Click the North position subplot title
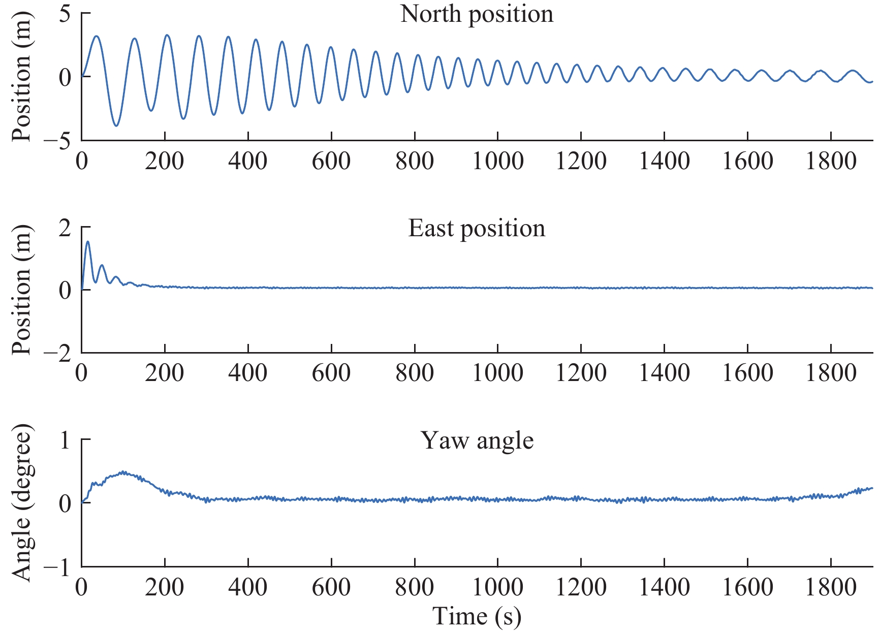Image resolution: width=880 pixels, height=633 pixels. pyautogui.click(x=477, y=14)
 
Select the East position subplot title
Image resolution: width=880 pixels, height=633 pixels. pyautogui.click(x=477, y=228)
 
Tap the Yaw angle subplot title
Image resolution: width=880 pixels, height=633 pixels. pyautogui.click(x=477, y=440)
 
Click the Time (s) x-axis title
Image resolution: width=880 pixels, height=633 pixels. pyautogui.click(x=477, y=616)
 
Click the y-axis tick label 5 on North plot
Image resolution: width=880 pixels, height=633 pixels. pyautogui.click(x=65, y=14)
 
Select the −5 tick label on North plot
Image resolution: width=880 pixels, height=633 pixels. pyautogui.click(x=57, y=141)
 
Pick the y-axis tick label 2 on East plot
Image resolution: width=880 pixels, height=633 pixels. pyautogui.click(x=65, y=228)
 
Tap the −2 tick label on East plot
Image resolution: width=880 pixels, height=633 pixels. pyautogui.click(x=57, y=354)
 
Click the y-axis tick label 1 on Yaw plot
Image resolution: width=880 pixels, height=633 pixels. pyautogui.click(x=65, y=440)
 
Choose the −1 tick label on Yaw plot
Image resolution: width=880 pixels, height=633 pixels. pyautogui.click(x=57, y=567)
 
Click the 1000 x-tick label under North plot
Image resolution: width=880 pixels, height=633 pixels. pyautogui.click(x=497, y=162)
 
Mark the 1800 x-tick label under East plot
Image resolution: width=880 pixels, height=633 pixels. pyautogui.click(x=831, y=374)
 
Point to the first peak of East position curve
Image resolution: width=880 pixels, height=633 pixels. pyautogui.click(x=88, y=242)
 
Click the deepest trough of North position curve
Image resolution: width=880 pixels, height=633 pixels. pyautogui.click(x=116, y=125)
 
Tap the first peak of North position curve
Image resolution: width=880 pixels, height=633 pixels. pyautogui.click(x=96, y=36)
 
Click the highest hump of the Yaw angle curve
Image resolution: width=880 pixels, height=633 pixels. pyautogui.click(x=123, y=472)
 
